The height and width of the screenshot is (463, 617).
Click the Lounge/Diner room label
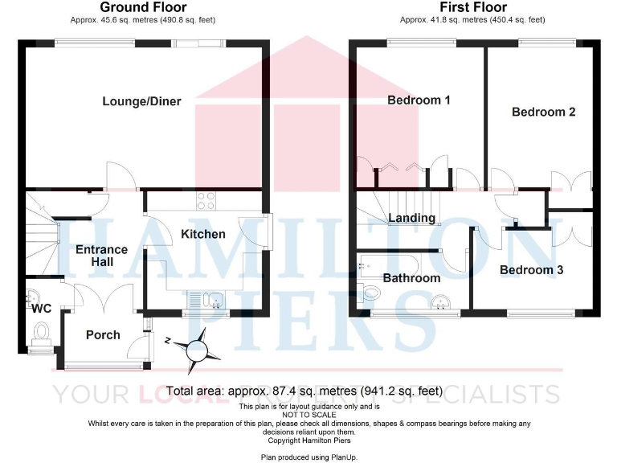141,101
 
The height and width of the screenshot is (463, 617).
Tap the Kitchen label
202,234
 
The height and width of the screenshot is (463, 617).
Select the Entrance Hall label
101,256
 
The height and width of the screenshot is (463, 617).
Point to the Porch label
102,334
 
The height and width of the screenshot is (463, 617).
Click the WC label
42,307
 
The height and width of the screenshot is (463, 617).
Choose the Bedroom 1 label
419,100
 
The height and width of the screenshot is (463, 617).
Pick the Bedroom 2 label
543,112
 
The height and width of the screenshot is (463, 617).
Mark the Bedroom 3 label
531,270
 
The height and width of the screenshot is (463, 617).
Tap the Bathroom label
411,278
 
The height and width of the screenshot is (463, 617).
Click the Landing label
411,218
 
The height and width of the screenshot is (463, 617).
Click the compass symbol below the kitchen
195,349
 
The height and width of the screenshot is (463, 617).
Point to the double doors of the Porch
104,297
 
